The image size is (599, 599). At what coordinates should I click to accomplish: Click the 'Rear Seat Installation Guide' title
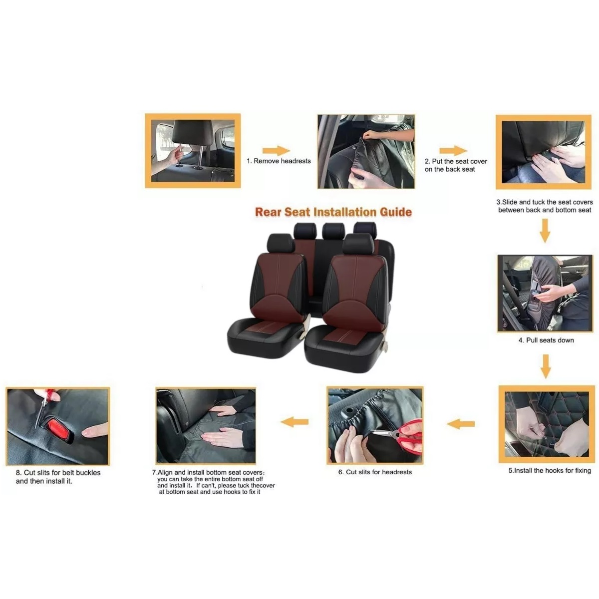click(333, 212)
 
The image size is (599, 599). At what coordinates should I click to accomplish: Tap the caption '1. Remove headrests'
click(279, 161)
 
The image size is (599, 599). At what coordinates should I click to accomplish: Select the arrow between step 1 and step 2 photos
click(276, 151)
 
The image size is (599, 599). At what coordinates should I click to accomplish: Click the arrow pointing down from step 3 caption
click(544, 231)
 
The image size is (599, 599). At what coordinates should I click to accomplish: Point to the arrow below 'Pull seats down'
click(546, 366)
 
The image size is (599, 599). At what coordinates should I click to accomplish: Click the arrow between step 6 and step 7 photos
click(295, 422)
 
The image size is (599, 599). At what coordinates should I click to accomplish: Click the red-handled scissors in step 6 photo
click(401, 435)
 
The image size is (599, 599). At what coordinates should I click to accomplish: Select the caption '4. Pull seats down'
click(546, 340)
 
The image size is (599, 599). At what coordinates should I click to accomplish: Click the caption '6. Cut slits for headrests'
click(375, 472)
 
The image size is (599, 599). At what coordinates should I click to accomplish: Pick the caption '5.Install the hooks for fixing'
click(550, 471)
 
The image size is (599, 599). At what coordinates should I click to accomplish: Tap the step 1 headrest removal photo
click(193, 151)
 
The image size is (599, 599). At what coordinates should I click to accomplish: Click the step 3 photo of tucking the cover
click(543, 152)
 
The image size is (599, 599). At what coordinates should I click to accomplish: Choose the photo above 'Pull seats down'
click(545, 294)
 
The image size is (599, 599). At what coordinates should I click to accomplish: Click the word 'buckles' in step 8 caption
click(88, 473)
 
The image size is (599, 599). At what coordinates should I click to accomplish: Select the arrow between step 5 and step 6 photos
click(461, 424)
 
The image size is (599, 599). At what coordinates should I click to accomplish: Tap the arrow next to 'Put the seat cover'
click(453, 151)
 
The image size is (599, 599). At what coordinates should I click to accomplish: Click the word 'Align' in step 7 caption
click(165, 473)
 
